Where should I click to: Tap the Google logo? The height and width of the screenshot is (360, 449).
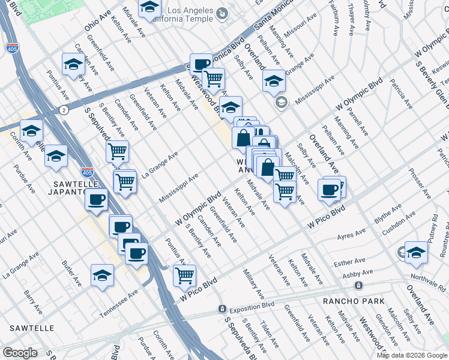click(20, 353)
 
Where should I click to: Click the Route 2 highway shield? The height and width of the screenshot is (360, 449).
click(63, 110)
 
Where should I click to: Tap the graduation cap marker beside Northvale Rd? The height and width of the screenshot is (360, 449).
click(415, 253)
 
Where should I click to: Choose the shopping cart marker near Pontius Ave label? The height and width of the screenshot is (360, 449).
click(185, 275)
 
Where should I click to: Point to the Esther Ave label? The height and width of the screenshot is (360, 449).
click(349, 262)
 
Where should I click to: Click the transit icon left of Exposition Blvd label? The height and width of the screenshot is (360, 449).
click(222, 309)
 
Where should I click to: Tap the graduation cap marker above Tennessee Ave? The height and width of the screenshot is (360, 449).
click(102, 275)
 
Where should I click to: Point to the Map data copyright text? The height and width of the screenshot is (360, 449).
click(412, 355)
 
